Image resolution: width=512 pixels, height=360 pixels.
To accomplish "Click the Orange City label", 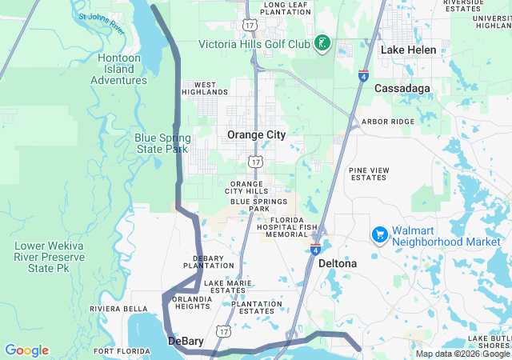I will click(x=256, y=134).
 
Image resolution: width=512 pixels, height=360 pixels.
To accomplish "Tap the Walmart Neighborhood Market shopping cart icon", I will click(x=380, y=235).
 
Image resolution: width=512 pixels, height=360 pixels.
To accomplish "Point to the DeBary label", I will click(x=186, y=341).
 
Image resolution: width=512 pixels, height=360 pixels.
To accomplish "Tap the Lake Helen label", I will click(x=408, y=50).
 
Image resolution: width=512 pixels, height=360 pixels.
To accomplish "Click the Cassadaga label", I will click(x=402, y=87).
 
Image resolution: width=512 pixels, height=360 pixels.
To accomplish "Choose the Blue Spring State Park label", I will click(x=162, y=143).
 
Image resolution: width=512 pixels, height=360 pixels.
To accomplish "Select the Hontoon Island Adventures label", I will click(x=118, y=69).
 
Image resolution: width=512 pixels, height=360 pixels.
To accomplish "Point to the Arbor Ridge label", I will click(x=388, y=122).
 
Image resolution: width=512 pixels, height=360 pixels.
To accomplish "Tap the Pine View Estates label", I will click(x=369, y=174).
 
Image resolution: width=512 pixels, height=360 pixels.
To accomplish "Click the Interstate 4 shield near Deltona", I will click(x=316, y=250).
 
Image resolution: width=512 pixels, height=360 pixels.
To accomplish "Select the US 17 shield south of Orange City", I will click(x=254, y=162).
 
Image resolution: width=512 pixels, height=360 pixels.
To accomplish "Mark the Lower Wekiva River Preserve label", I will click(x=48, y=257).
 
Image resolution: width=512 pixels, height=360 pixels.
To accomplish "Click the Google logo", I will click(x=26, y=350).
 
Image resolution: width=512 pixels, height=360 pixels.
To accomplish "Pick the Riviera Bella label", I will click(x=118, y=308).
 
